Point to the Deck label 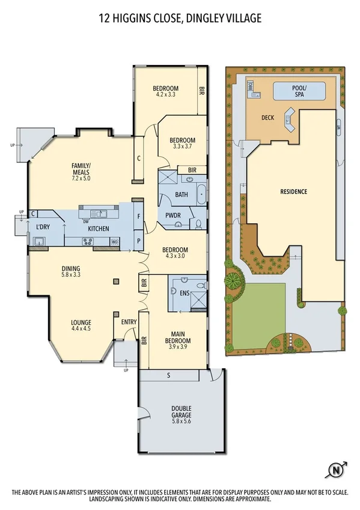[268, 117]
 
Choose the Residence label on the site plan [294, 192]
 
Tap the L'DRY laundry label [42, 227]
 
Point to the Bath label [182, 195]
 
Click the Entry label [129, 322]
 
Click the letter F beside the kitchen [139, 217]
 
